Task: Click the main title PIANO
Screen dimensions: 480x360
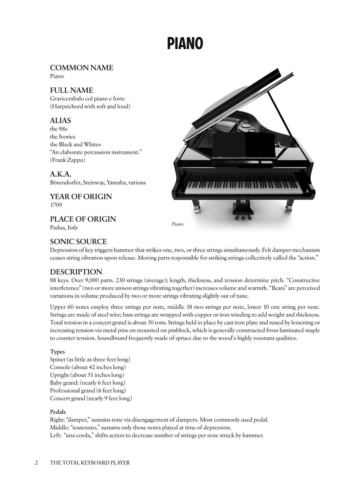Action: point(185,43)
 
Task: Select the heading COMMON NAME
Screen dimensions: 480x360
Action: point(82,68)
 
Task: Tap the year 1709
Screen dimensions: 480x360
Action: point(56,205)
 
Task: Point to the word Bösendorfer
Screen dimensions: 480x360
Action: point(65,182)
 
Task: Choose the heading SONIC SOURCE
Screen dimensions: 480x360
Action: point(78,242)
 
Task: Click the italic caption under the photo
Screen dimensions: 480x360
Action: point(177,224)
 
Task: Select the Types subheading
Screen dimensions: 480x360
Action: point(57,352)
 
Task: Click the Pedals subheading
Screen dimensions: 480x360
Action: point(58,412)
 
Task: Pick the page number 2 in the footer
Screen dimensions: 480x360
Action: point(37,462)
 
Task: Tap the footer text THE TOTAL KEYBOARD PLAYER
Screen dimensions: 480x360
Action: point(90,462)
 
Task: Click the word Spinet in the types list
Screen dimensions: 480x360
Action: point(57,359)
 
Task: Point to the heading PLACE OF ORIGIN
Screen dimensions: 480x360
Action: point(83,219)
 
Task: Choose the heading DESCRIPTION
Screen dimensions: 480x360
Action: point(76,272)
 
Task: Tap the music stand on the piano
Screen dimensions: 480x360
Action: point(243,146)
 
